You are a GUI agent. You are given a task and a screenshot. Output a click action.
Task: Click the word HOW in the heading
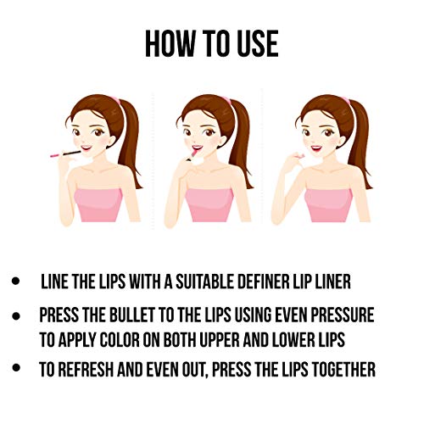[170, 44]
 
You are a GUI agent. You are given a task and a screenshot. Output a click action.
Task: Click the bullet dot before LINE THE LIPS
[16, 282]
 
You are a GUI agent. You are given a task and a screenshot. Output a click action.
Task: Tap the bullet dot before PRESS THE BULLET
[16, 315]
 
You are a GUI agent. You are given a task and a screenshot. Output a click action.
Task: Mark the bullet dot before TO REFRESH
[16, 367]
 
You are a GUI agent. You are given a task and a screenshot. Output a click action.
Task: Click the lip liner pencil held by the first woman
[65, 153]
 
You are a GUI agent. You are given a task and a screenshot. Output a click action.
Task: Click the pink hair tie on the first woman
[116, 99]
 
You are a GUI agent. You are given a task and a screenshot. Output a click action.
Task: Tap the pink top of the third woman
[328, 205]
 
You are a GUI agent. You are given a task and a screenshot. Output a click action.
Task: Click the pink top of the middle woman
[209, 205]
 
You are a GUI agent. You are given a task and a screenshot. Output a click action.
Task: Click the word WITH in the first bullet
[145, 282]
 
